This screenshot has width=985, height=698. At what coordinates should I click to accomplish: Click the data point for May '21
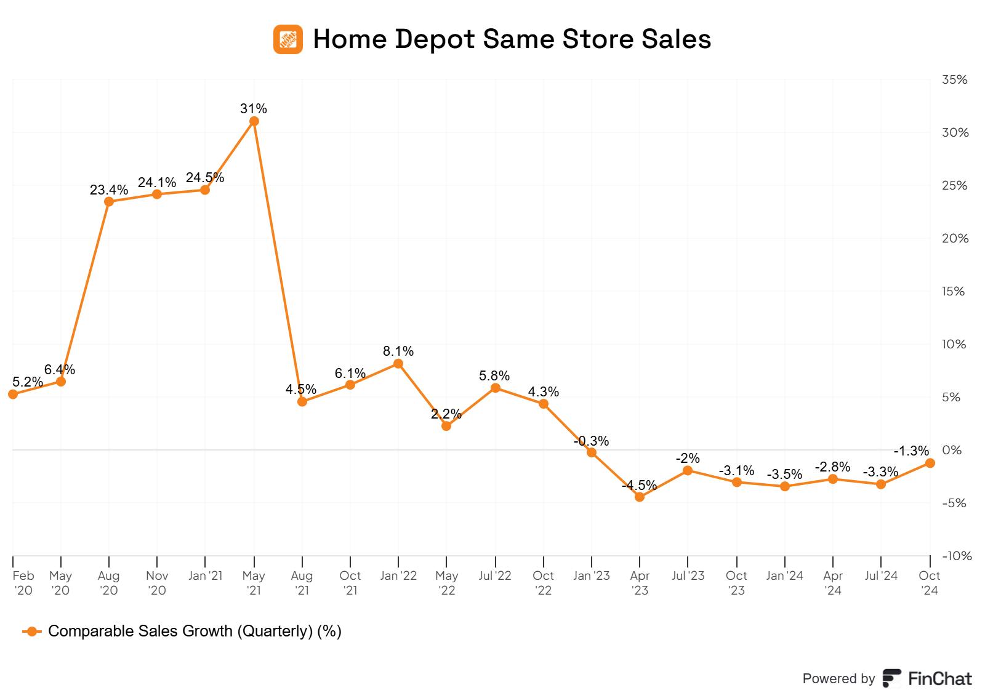click(254, 121)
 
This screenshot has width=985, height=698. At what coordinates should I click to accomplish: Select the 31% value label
click(254, 108)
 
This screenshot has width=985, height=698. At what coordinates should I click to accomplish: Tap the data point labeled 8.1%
click(398, 364)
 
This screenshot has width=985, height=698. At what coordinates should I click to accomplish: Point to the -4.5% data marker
click(640, 497)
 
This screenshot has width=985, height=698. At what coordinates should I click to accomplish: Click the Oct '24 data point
click(930, 463)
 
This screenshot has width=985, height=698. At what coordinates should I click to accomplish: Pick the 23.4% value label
click(109, 190)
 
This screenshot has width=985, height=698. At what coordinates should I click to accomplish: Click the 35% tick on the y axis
click(955, 79)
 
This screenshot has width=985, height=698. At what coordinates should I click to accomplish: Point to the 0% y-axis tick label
click(952, 450)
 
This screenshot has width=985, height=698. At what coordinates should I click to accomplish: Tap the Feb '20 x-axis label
click(23, 583)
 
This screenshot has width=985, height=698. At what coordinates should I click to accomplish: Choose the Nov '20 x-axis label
click(157, 583)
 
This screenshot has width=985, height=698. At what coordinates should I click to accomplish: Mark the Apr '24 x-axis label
click(833, 583)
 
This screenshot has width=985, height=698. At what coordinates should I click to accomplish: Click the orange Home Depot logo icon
click(288, 39)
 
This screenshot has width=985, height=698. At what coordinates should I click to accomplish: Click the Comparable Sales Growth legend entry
click(194, 631)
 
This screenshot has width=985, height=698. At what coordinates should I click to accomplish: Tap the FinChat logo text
click(927, 678)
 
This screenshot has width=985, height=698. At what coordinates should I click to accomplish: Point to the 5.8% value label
click(494, 375)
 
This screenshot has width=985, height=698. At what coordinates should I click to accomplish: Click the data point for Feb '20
click(13, 394)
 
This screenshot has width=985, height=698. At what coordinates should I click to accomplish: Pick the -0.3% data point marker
click(592, 452)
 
